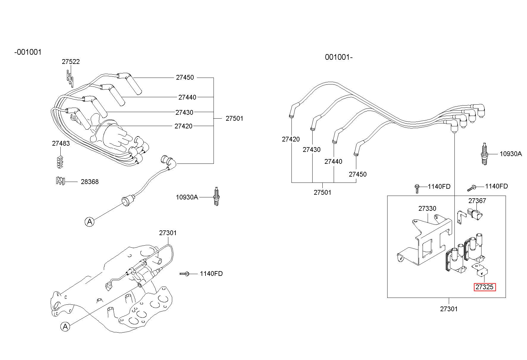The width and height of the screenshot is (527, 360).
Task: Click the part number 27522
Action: (71, 62)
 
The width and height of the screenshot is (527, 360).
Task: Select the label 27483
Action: (61, 143)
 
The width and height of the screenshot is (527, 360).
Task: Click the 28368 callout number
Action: (90, 182)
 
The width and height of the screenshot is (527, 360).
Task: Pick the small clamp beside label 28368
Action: (60, 181)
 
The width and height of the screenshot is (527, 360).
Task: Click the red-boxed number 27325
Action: (484, 287)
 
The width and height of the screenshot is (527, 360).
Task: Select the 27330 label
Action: (427, 208)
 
